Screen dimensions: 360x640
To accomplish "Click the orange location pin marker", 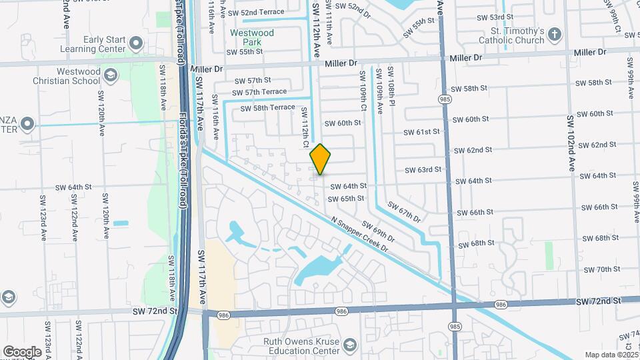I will (x=320, y=159).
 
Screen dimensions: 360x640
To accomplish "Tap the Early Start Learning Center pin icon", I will (x=136, y=44).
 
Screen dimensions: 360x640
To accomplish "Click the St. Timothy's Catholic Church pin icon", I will (x=555, y=33).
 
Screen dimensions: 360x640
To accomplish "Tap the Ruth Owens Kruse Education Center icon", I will (x=350, y=345).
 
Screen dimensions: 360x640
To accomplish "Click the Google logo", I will (x=22, y=352).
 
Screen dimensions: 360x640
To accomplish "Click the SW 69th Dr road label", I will (x=379, y=231).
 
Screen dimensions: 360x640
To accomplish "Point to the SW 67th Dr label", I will (x=405, y=213).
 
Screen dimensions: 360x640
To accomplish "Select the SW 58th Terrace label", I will (x=267, y=107).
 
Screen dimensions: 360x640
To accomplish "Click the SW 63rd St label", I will (x=423, y=170).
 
